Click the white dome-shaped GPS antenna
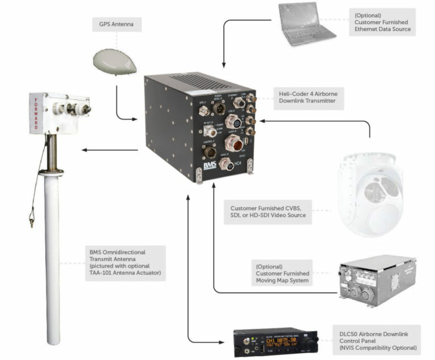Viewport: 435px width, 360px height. [115, 60]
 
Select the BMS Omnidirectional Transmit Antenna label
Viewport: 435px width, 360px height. [118, 263]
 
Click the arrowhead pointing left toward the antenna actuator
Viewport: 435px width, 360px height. [83, 150]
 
